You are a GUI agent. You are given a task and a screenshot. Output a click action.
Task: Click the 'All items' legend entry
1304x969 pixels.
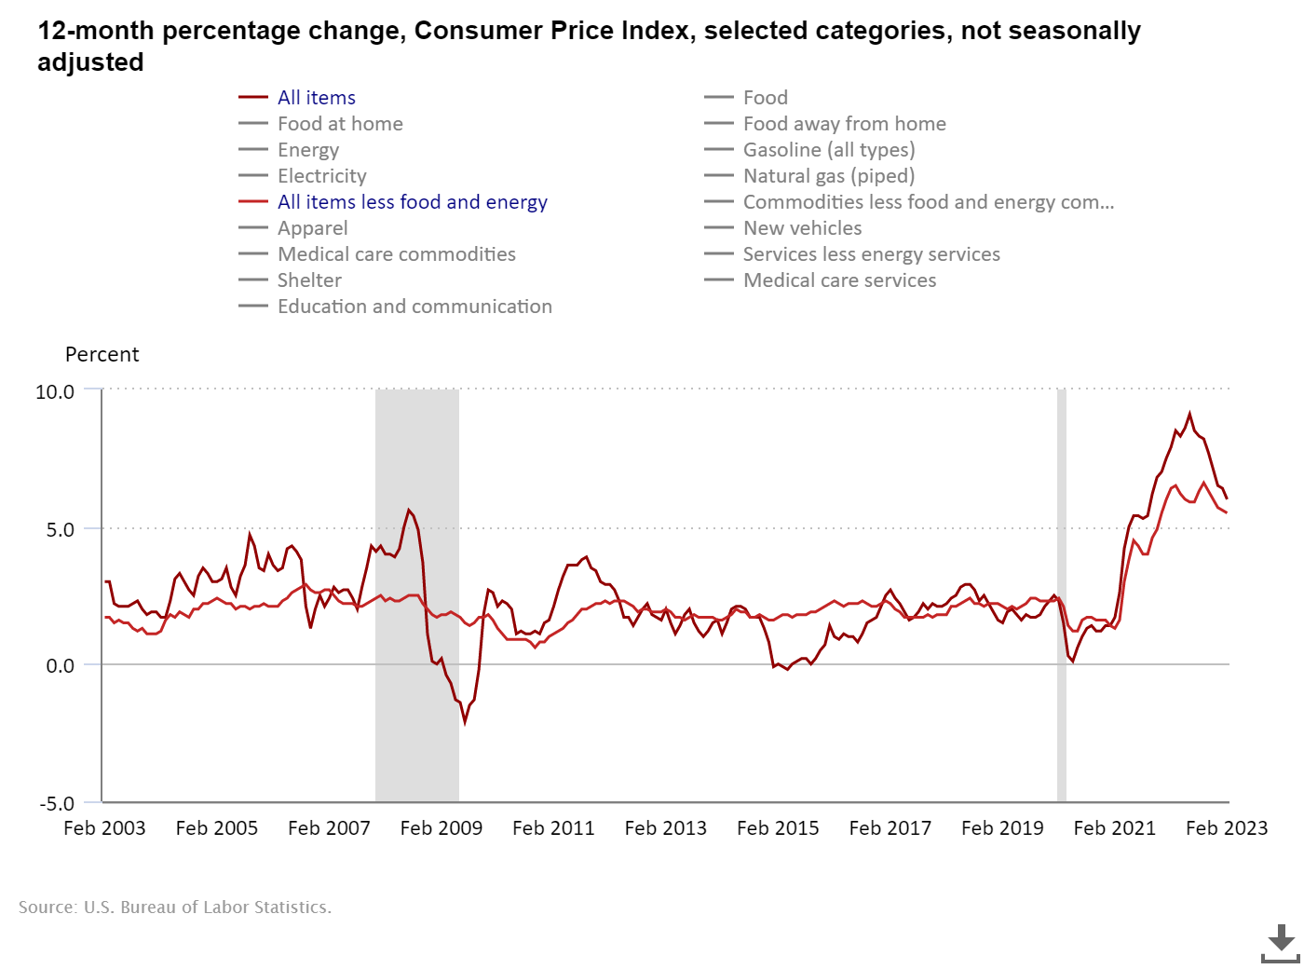click(316, 98)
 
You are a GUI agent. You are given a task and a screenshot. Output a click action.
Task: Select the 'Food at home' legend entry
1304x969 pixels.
click(340, 124)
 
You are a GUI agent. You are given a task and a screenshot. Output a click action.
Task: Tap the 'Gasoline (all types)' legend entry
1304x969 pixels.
click(828, 150)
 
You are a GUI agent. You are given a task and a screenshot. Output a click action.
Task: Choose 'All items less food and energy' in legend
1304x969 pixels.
click(412, 202)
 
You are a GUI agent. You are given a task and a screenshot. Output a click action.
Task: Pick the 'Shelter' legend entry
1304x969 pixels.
click(309, 280)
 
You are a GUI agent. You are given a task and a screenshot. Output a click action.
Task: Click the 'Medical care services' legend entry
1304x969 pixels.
click(839, 280)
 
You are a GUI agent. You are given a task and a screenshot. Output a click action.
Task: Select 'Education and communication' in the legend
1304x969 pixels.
click(414, 307)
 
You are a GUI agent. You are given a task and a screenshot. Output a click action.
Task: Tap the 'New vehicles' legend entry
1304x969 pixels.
click(802, 228)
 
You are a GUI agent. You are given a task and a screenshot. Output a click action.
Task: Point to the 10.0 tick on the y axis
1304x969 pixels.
click(55, 392)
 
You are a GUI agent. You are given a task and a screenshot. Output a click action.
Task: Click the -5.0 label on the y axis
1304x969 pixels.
click(56, 803)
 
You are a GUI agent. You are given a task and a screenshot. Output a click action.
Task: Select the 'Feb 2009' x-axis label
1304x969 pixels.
click(441, 828)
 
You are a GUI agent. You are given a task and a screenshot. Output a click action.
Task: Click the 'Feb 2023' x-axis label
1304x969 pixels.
click(1227, 828)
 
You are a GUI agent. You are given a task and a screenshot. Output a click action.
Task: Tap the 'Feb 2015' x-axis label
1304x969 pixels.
click(778, 828)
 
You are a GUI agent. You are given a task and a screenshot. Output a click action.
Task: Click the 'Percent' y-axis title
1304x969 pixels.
click(102, 355)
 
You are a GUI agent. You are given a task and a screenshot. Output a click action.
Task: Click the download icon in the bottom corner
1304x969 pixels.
click(1281, 943)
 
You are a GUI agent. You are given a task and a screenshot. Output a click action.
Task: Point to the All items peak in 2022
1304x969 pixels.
click(1189, 414)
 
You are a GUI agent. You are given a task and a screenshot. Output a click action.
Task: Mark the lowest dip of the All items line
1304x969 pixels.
click(465, 721)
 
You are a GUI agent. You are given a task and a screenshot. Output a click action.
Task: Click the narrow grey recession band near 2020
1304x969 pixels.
click(1062, 596)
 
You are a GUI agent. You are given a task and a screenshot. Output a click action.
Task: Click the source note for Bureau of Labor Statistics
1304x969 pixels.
click(175, 908)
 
